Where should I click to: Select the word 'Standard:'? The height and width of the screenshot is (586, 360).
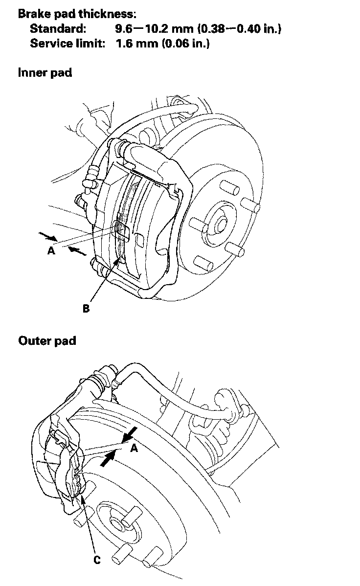tap(58, 28)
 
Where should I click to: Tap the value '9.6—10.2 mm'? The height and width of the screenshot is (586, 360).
tap(148, 28)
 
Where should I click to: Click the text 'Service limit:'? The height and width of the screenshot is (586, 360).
tap(67, 43)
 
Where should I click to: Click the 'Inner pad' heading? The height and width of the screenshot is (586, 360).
tap(45, 72)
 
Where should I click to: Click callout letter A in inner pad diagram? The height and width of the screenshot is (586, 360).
tap(51, 250)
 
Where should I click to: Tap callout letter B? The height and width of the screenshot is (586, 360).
tap(86, 309)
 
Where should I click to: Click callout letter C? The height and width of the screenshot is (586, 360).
tap(97, 560)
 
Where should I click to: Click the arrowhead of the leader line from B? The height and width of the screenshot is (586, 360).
tap(118, 260)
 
